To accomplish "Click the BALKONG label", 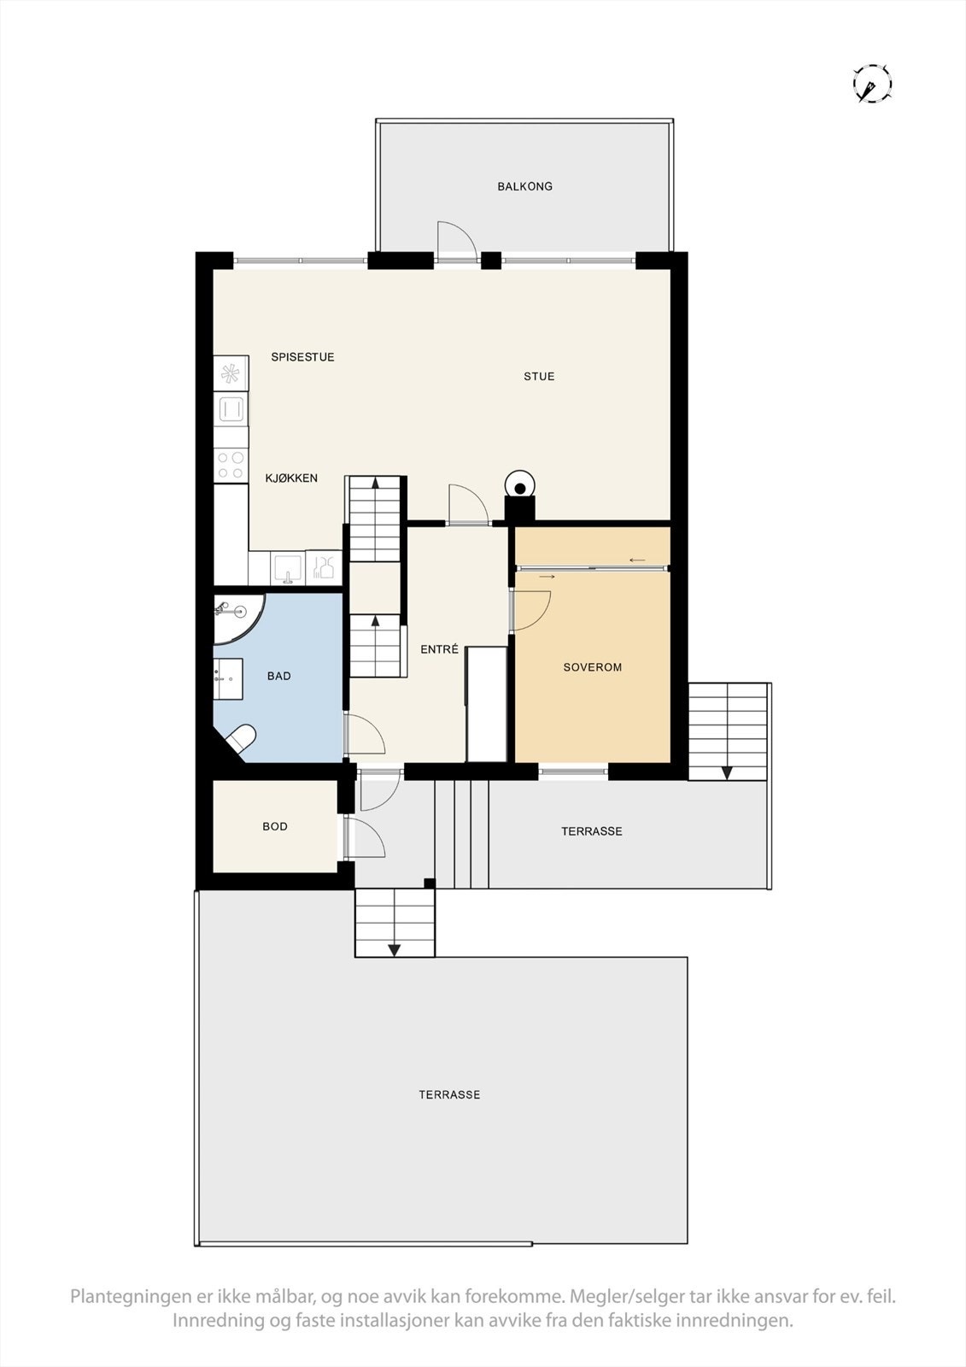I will pyautogui.click(x=524, y=186).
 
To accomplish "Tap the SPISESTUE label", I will pyautogui.click(x=302, y=357).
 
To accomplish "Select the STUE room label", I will pyautogui.click(x=539, y=376).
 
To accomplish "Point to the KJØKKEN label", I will pyautogui.click(x=291, y=478).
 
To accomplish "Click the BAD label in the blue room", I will pyautogui.click(x=279, y=676).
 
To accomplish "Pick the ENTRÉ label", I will pyautogui.click(x=440, y=649).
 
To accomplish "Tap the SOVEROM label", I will pyautogui.click(x=593, y=667).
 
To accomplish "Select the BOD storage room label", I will pyautogui.click(x=275, y=826).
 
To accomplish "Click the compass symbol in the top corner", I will pyautogui.click(x=872, y=84).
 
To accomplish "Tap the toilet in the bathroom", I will pyautogui.click(x=240, y=739).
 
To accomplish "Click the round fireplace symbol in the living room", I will pyautogui.click(x=519, y=485).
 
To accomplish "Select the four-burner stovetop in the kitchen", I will pyautogui.click(x=230, y=465).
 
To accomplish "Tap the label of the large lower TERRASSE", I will pyautogui.click(x=449, y=1094).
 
